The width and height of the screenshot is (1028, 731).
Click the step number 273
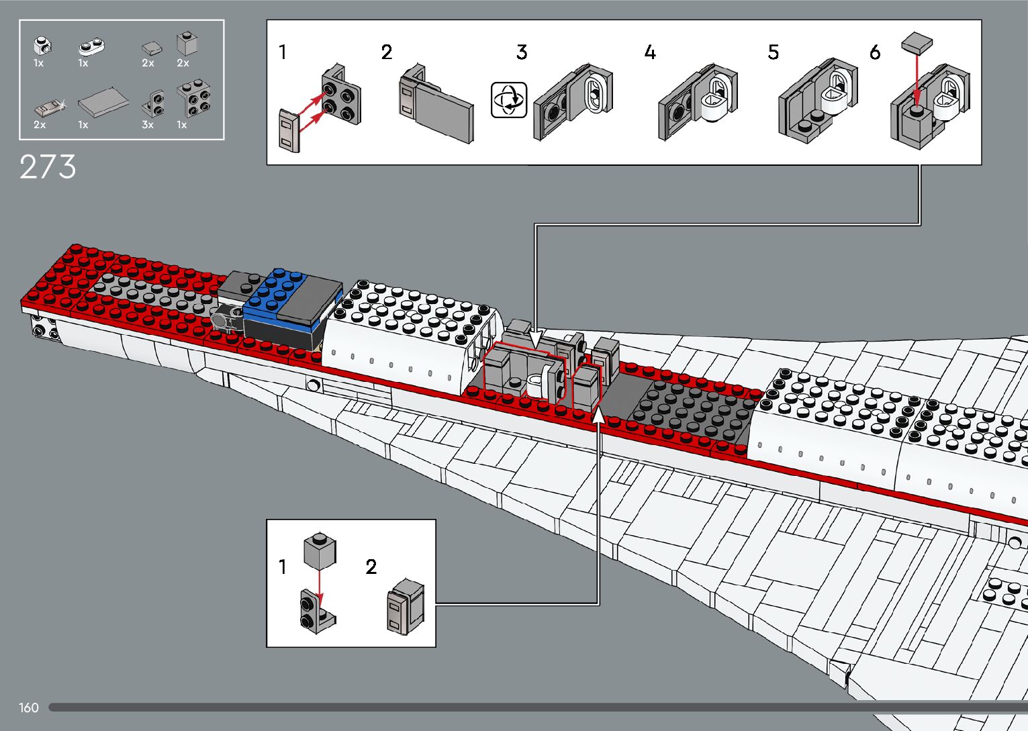pos(48,167)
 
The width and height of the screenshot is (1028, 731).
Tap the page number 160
pos(29,708)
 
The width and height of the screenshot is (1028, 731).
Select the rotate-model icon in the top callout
pos(508,100)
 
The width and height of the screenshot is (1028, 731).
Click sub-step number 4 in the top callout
pos(649,52)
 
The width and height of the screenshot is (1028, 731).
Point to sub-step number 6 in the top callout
pos(874,52)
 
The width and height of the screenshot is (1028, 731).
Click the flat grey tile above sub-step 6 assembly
pos(917,42)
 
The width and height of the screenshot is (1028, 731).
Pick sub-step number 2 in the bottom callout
pos(371,567)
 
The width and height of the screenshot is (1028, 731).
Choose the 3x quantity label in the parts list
pos(148,125)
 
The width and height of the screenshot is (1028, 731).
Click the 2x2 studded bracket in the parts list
pos(194,99)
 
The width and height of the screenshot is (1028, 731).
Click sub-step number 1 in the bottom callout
pos(283,567)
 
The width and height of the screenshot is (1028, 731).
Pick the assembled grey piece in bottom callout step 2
pos(406,606)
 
